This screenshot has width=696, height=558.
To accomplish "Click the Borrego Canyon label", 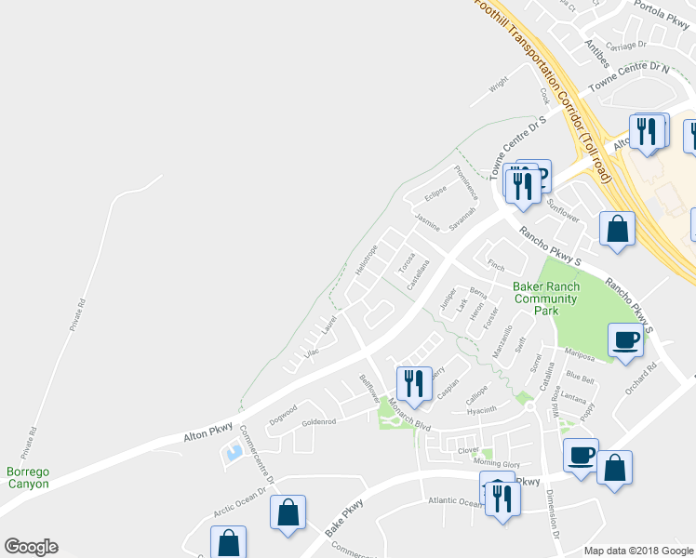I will point(27,478).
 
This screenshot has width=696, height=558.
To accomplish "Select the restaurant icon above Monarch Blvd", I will point(411,381).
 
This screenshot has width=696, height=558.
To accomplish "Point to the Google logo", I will point(31,547).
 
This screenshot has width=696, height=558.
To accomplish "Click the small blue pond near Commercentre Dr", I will point(233,453).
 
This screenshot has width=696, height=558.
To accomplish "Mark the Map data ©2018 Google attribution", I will point(638,551).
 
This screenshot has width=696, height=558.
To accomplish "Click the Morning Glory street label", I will point(498,463).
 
